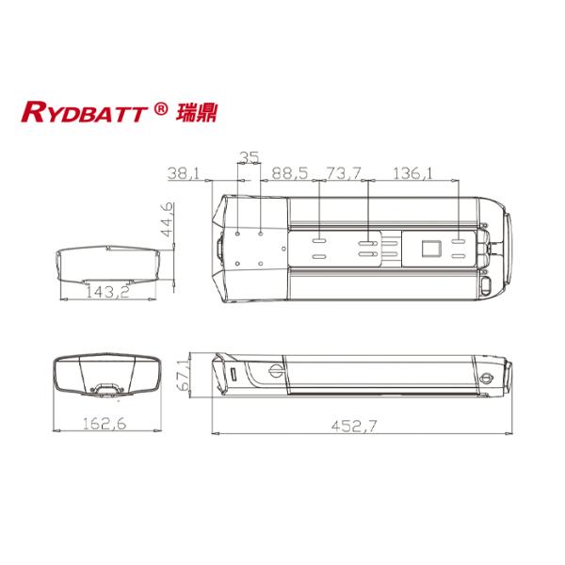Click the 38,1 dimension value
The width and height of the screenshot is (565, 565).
[x=184, y=173]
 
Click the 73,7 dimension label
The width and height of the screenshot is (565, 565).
[x=344, y=173]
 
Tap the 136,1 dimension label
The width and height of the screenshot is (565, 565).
[x=412, y=173]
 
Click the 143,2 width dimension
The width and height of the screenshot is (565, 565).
[x=108, y=292]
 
